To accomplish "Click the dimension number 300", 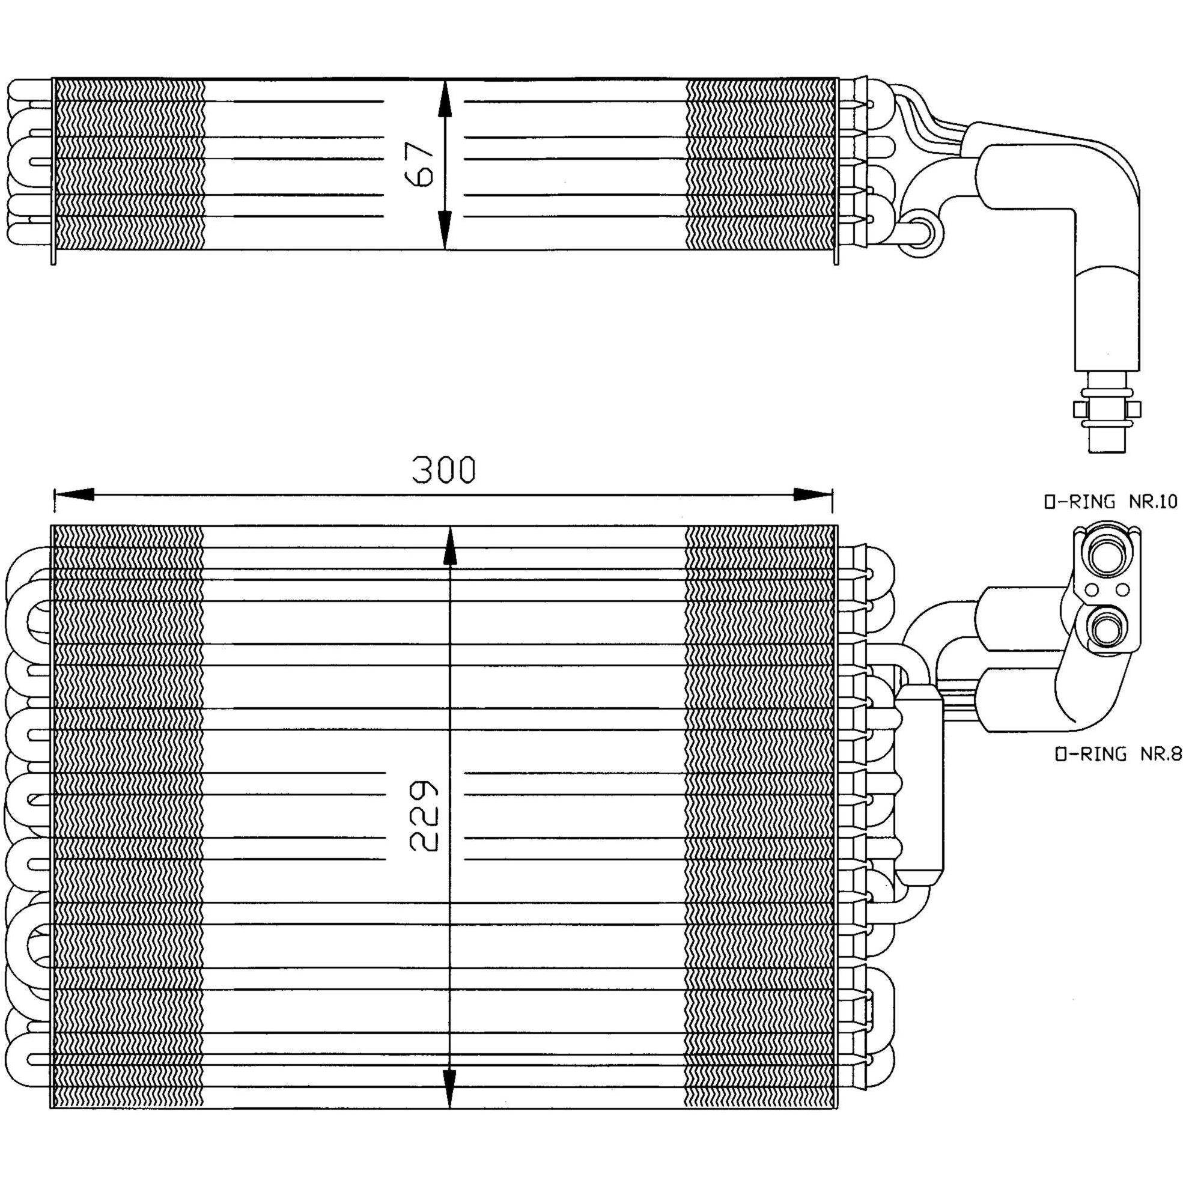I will tap(443, 470).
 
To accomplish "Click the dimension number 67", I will tap(420, 164).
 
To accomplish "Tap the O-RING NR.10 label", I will tap(1110, 502).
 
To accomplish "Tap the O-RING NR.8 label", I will tap(1118, 755).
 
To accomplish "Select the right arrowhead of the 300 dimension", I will tap(813, 494).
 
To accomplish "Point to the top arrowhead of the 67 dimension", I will tap(445, 98).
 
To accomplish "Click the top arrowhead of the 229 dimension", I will tap(450, 546).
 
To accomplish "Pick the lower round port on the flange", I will tap(1107, 627).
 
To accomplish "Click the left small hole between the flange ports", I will tap(1092, 590).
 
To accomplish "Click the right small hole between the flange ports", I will tap(1122, 590).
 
